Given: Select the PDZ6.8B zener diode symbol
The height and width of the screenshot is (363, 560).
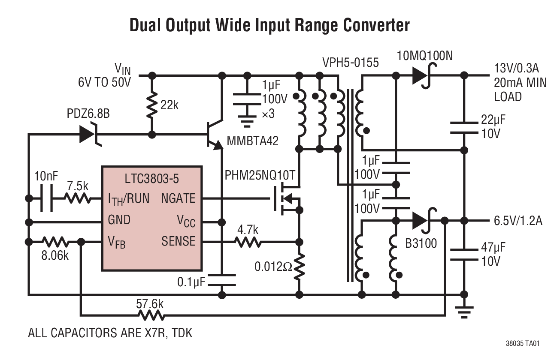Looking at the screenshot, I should [89, 135].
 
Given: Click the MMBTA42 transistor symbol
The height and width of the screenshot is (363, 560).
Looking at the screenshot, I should [214, 135].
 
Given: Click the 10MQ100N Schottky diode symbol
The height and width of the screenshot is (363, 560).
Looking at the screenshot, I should [421, 76].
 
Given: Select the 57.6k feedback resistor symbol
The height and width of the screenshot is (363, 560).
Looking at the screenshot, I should [151, 316].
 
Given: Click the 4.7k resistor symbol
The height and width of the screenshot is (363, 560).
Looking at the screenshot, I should [247, 242].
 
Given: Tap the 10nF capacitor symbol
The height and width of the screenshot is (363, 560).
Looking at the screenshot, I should [46, 198].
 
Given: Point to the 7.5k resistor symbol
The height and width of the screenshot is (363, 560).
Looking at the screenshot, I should [78, 198].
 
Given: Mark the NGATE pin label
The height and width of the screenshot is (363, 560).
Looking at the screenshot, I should [178, 198].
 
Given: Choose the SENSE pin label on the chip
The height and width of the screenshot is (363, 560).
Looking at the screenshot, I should [178, 241].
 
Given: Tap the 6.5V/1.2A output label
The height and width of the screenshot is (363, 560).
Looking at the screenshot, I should [515, 221].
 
